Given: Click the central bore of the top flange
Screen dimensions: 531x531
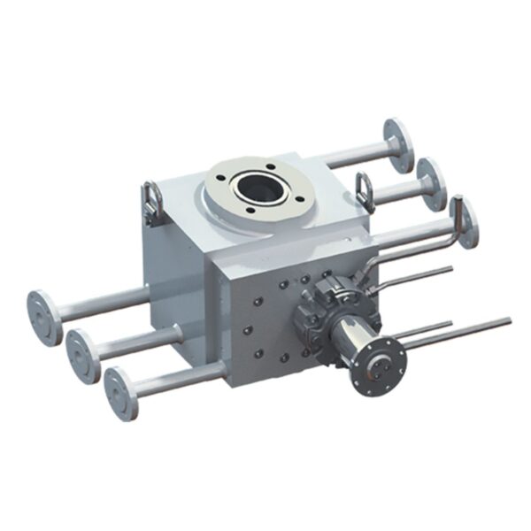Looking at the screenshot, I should pos(258,188).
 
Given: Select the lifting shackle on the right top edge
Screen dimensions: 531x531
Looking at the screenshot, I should pos(364,189).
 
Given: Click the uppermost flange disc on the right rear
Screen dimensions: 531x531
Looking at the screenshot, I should pos(398,144).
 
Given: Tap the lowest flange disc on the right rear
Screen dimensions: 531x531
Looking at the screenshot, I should pos(463,221).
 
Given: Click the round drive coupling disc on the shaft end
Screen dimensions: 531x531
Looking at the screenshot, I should pos(378,363).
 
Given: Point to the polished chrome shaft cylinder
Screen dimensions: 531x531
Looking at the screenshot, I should pos(348,336).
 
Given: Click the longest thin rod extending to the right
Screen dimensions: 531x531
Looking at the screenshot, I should pos(460,332).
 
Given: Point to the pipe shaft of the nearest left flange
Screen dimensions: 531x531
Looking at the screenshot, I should pos(181,376).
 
